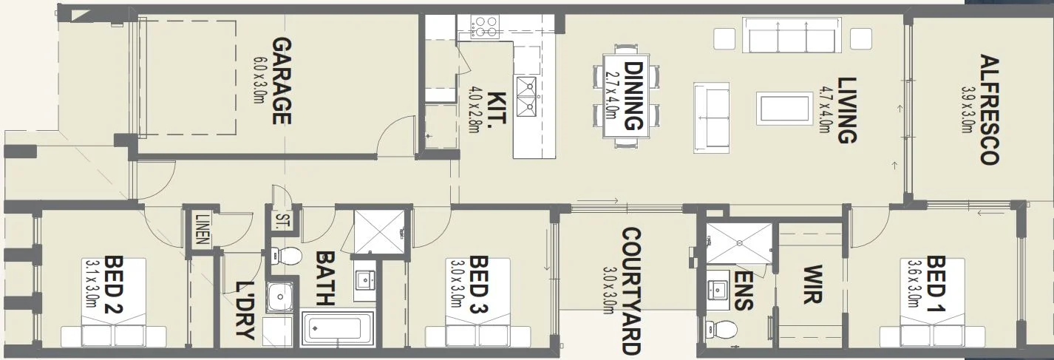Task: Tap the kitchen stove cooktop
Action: click(x=485, y=27)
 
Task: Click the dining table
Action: click(x=627, y=96)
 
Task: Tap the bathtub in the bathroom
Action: click(x=337, y=328)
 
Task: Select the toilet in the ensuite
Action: click(x=723, y=328)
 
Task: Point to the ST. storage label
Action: click(x=282, y=221)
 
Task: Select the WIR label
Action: click(x=812, y=284)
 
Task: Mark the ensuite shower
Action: click(x=737, y=242)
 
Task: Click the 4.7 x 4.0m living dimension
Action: click(x=824, y=109)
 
